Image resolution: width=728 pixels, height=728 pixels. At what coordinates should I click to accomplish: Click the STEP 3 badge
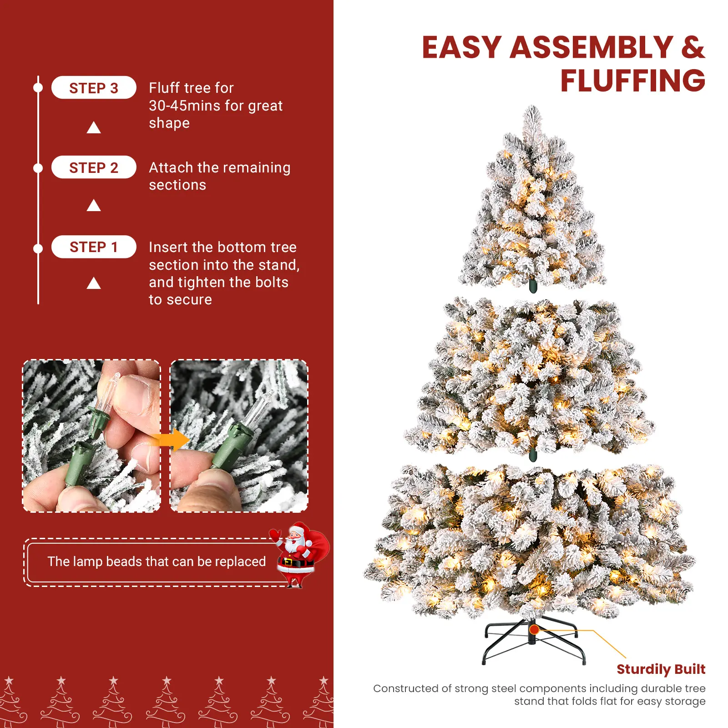[x=94, y=87]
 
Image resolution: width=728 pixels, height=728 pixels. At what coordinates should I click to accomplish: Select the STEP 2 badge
[x=94, y=167]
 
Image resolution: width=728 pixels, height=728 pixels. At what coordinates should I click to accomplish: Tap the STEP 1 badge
[x=94, y=247]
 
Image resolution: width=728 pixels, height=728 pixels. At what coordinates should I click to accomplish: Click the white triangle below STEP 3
[x=94, y=127]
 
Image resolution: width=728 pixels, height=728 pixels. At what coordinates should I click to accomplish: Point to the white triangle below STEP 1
[x=94, y=283]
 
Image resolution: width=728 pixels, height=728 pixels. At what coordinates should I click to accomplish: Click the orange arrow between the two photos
[x=171, y=440]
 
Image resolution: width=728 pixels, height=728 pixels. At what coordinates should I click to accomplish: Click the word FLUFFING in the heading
[x=633, y=81]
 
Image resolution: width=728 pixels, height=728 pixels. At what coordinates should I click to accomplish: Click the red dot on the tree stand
[x=535, y=630]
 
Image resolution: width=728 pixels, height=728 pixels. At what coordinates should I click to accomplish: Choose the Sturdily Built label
[x=661, y=669]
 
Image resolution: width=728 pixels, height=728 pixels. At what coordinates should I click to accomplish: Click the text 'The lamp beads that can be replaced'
[x=157, y=561]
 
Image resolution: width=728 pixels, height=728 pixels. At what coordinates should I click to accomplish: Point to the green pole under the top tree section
[x=533, y=287]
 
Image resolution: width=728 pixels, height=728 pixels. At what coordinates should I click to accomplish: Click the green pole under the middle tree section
[x=533, y=455]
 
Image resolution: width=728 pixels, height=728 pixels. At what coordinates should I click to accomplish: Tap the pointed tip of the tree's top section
[x=532, y=106]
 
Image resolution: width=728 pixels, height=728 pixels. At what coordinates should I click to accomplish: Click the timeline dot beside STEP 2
[x=38, y=168]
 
